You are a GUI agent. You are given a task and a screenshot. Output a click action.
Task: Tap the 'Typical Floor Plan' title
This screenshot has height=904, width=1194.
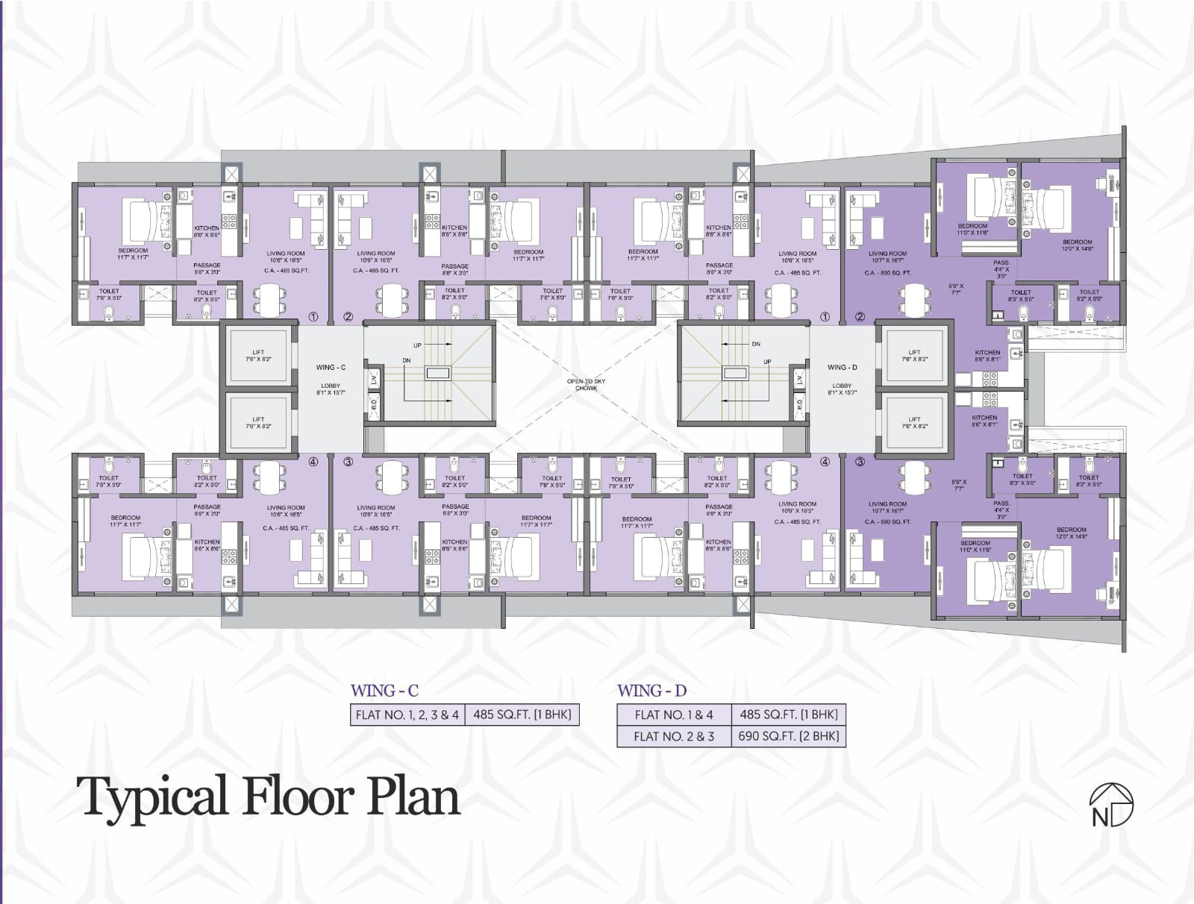(x=268, y=797)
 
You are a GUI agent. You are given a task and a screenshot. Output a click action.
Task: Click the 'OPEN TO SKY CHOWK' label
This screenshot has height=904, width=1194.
(x=586, y=384)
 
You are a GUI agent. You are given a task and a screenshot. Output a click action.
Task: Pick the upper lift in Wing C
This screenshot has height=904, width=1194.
(x=258, y=356)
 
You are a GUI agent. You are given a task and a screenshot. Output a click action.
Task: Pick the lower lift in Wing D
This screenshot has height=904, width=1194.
(x=915, y=423)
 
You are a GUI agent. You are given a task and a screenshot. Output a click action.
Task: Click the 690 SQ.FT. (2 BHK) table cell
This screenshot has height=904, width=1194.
(x=788, y=736)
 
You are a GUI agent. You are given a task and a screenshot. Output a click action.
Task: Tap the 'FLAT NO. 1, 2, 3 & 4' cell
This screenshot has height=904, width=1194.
(x=407, y=715)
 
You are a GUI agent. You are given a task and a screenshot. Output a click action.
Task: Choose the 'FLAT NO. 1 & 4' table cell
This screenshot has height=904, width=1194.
(x=674, y=715)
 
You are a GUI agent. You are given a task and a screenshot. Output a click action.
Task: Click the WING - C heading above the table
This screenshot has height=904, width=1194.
(x=384, y=691)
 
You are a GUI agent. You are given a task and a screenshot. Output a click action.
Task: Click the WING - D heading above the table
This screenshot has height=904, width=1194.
(x=651, y=691)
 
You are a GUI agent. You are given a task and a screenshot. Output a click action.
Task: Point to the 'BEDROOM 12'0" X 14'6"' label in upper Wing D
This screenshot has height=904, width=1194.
(x=1078, y=245)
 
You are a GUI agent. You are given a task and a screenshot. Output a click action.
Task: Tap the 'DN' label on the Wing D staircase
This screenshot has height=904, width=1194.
(x=756, y=345)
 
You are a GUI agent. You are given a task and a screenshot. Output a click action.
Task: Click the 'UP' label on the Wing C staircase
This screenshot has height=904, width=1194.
(x=417, y=345)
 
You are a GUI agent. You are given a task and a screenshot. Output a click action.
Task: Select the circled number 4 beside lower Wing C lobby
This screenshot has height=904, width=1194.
(x=313, y=462)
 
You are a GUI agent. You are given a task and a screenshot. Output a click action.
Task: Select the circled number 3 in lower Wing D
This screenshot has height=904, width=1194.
(x=860, y=462)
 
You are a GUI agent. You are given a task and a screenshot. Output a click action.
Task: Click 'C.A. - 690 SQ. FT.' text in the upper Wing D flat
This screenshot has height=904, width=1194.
(x=888, y=273)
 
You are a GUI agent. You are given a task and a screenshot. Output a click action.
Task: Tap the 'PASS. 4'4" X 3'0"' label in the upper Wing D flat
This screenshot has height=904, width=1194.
(x=1001, y=269)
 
